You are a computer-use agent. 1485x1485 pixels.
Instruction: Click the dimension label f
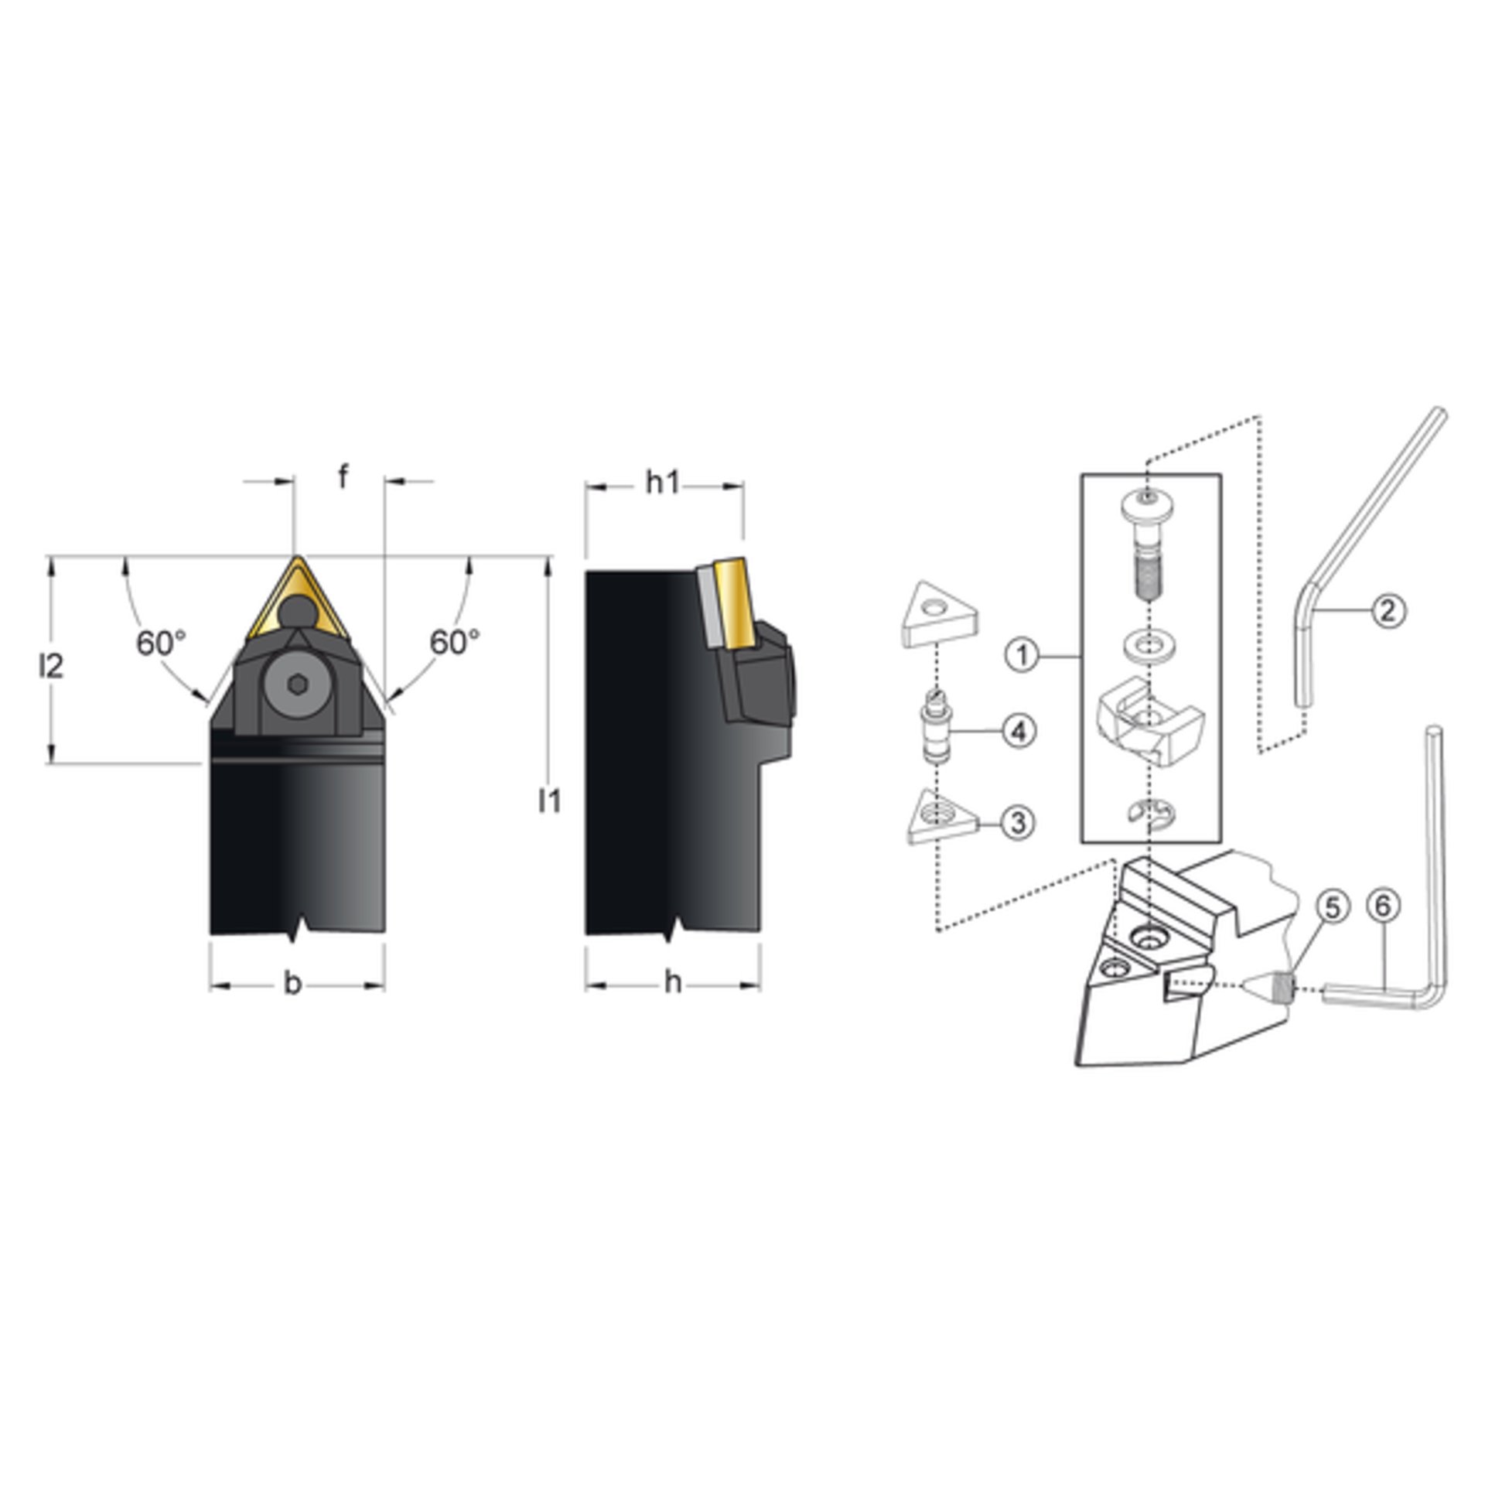343,479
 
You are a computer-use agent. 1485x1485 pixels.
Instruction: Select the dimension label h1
663,483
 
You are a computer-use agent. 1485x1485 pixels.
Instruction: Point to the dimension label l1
549,802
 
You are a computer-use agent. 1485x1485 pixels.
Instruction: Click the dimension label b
292,985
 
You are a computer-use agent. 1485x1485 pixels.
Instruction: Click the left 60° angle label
162,643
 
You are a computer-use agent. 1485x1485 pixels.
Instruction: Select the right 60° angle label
455,642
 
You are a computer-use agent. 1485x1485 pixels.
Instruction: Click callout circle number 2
1388,611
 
